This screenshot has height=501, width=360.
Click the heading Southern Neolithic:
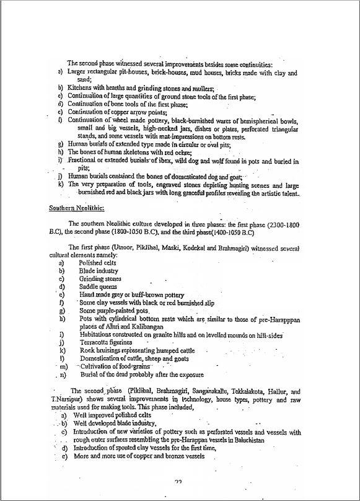(x=77, y=208)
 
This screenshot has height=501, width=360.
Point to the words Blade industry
(x=99, y=271)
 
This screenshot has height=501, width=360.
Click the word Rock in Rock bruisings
(x=87, y=350)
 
